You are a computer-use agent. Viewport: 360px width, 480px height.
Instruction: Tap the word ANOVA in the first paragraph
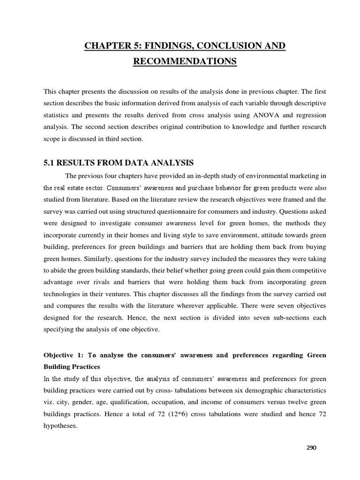point(260,115)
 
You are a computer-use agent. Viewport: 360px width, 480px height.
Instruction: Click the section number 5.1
point(50,163)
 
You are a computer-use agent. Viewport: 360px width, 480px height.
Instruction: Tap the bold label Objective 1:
point(63,355)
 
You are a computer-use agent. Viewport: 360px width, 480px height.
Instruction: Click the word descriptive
point(307,103)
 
